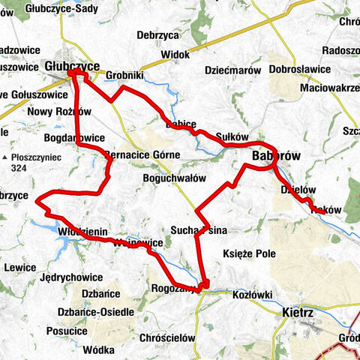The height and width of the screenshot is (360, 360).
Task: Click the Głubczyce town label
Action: (72, 66)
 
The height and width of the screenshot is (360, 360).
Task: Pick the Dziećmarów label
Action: (232, 70)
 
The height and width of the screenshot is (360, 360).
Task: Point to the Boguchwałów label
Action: (174, 178)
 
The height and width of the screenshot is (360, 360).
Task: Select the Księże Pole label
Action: (250, 254)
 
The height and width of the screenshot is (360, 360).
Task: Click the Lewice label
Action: (20, 267)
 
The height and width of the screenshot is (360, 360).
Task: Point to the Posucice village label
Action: (67, 331)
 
